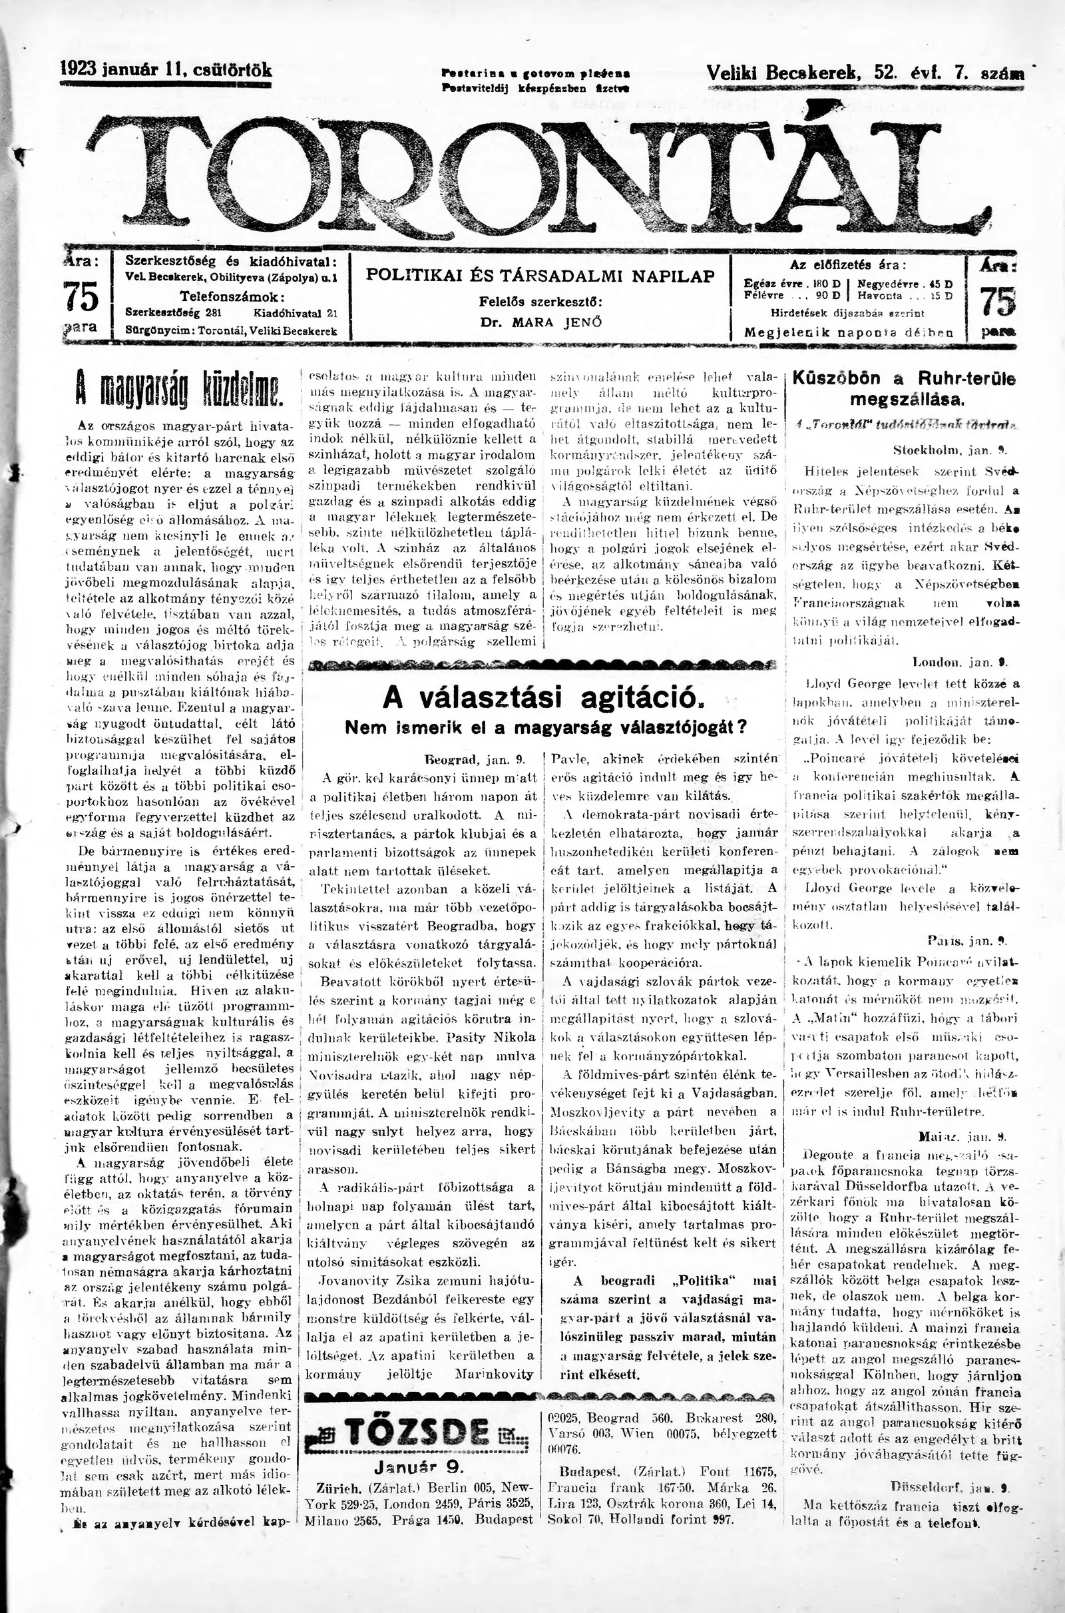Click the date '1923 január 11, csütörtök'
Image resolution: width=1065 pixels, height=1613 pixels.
pos(166,70)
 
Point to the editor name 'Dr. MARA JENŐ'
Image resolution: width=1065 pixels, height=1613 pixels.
pos(540,322)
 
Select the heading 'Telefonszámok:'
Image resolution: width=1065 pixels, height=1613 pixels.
pos(232,296)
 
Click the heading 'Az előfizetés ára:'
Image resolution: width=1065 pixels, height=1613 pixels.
pos(848,266)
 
